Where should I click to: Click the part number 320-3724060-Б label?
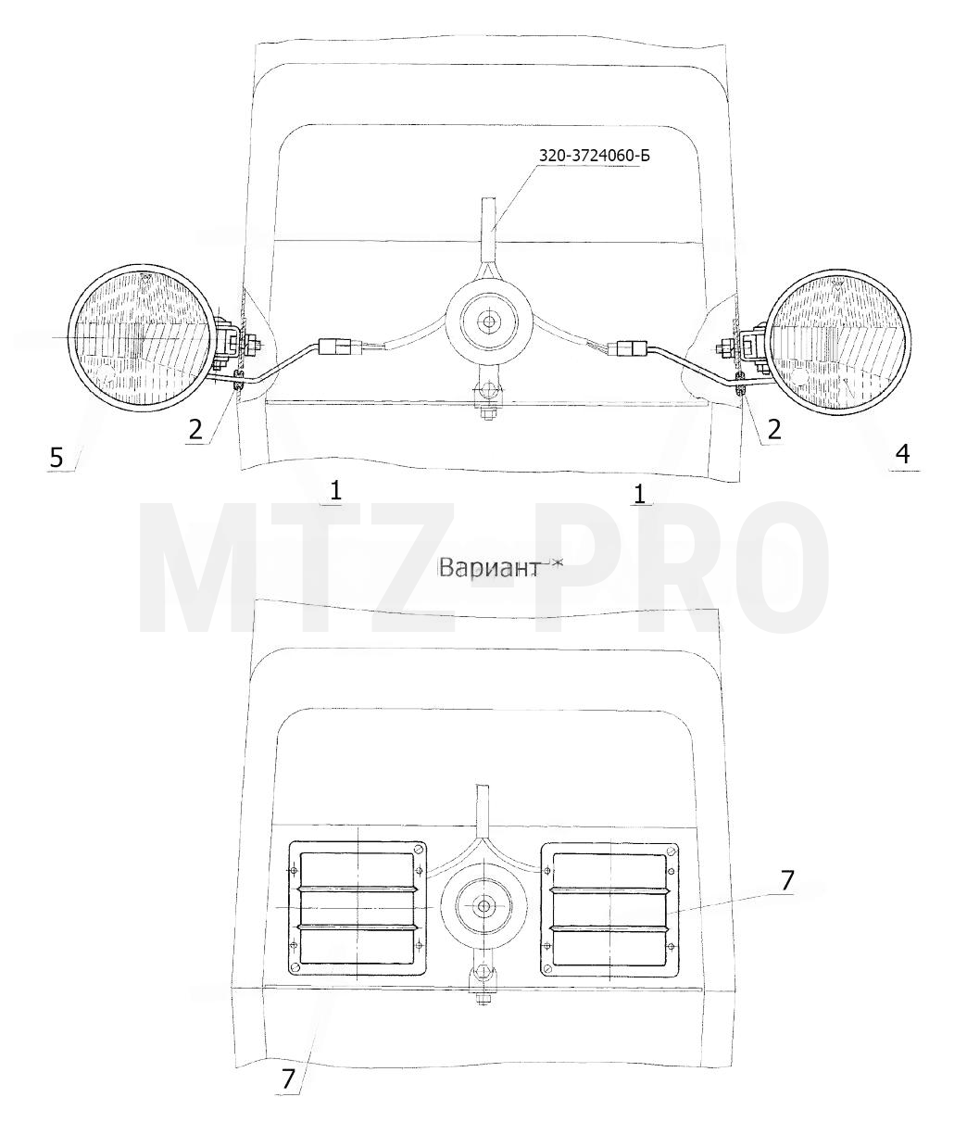coord(595,156)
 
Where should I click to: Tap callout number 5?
coord(57,457)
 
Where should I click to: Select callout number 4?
coord(902,454)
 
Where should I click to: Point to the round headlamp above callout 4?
coord(838,342)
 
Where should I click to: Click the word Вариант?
coord(488,568)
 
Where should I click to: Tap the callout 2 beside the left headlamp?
coord(195,430)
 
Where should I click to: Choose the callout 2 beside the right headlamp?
coord(773,429)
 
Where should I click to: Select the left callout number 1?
coord(335,490)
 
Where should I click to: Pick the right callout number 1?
coord(639,493)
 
